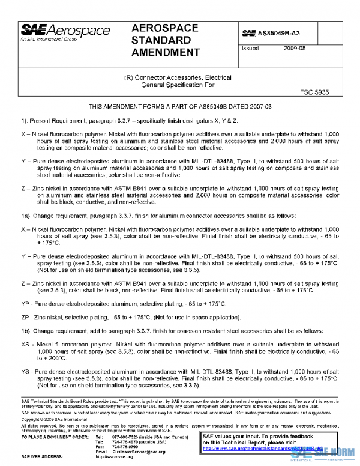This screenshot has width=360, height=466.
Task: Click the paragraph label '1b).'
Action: (28, 331)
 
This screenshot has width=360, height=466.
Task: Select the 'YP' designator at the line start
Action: (25, 304)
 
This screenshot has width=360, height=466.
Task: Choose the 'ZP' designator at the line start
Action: (25, 318)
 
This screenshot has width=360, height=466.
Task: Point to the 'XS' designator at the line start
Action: (25, 345)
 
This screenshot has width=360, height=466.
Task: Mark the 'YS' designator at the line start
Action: (25, 372)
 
